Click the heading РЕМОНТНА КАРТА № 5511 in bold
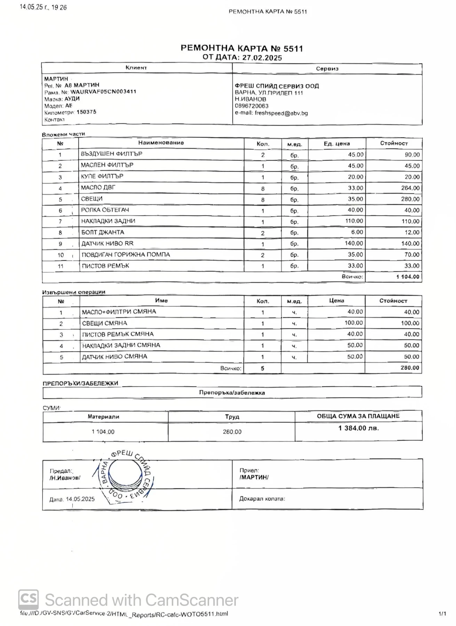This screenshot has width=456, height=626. [x=242, y=48]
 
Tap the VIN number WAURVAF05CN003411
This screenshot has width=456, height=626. [x=103, y=92]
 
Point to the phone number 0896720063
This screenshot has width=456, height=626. [x=251, y=106]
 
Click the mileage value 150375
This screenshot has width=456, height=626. [x=86, y=112]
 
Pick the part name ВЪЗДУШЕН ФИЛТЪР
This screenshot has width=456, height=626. [x=111, y=154]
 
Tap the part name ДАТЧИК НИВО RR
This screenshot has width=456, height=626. [x=107, y=243]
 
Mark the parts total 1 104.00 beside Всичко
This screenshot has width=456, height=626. [x=408, y=277]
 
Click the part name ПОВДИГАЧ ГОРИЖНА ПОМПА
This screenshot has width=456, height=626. [x=126, y=255]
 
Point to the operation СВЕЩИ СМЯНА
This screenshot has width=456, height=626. [x=104, y=323]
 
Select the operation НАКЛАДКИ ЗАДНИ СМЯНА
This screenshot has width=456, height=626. [x=121, y=345]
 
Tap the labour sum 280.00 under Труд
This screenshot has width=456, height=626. [x=232, y=432]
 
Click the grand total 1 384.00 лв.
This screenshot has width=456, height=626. [x=358, y=428]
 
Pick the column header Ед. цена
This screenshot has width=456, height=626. [x=336, y=144]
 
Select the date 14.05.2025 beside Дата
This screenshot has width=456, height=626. [x=80, y=499]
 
